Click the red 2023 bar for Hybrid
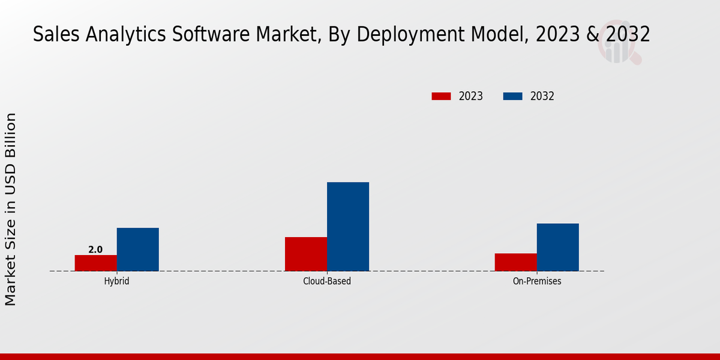click(96, 263)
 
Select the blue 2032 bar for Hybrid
click(138, 249)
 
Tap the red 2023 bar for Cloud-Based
click(306, 254)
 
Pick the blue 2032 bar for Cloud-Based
click(348, 226)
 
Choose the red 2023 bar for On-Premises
click(516, 262)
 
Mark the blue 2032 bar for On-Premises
click(558, 247)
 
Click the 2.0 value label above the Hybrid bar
click(95, 250)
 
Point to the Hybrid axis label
click(116, 281)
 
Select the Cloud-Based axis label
click(327, 281)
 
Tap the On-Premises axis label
click(537, 281)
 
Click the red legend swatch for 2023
click(441, 96)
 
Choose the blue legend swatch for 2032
click(512, 96)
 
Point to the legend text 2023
click(471, 96)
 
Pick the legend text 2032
click(542, 96)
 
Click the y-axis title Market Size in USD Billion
click(11, 209)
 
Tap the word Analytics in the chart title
click(115, 35)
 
